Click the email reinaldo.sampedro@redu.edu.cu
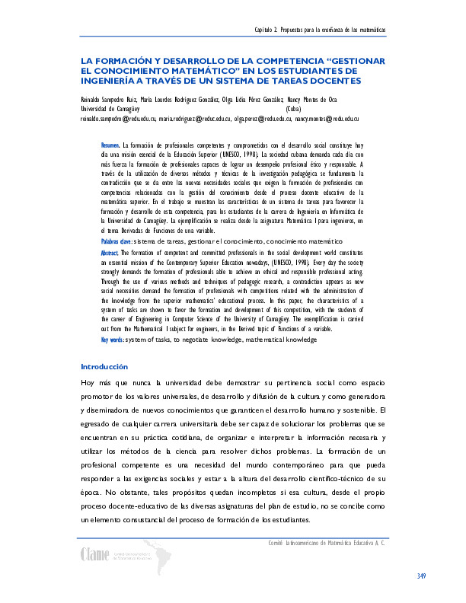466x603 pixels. [118, 120]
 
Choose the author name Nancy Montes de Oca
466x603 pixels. [313, 100]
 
